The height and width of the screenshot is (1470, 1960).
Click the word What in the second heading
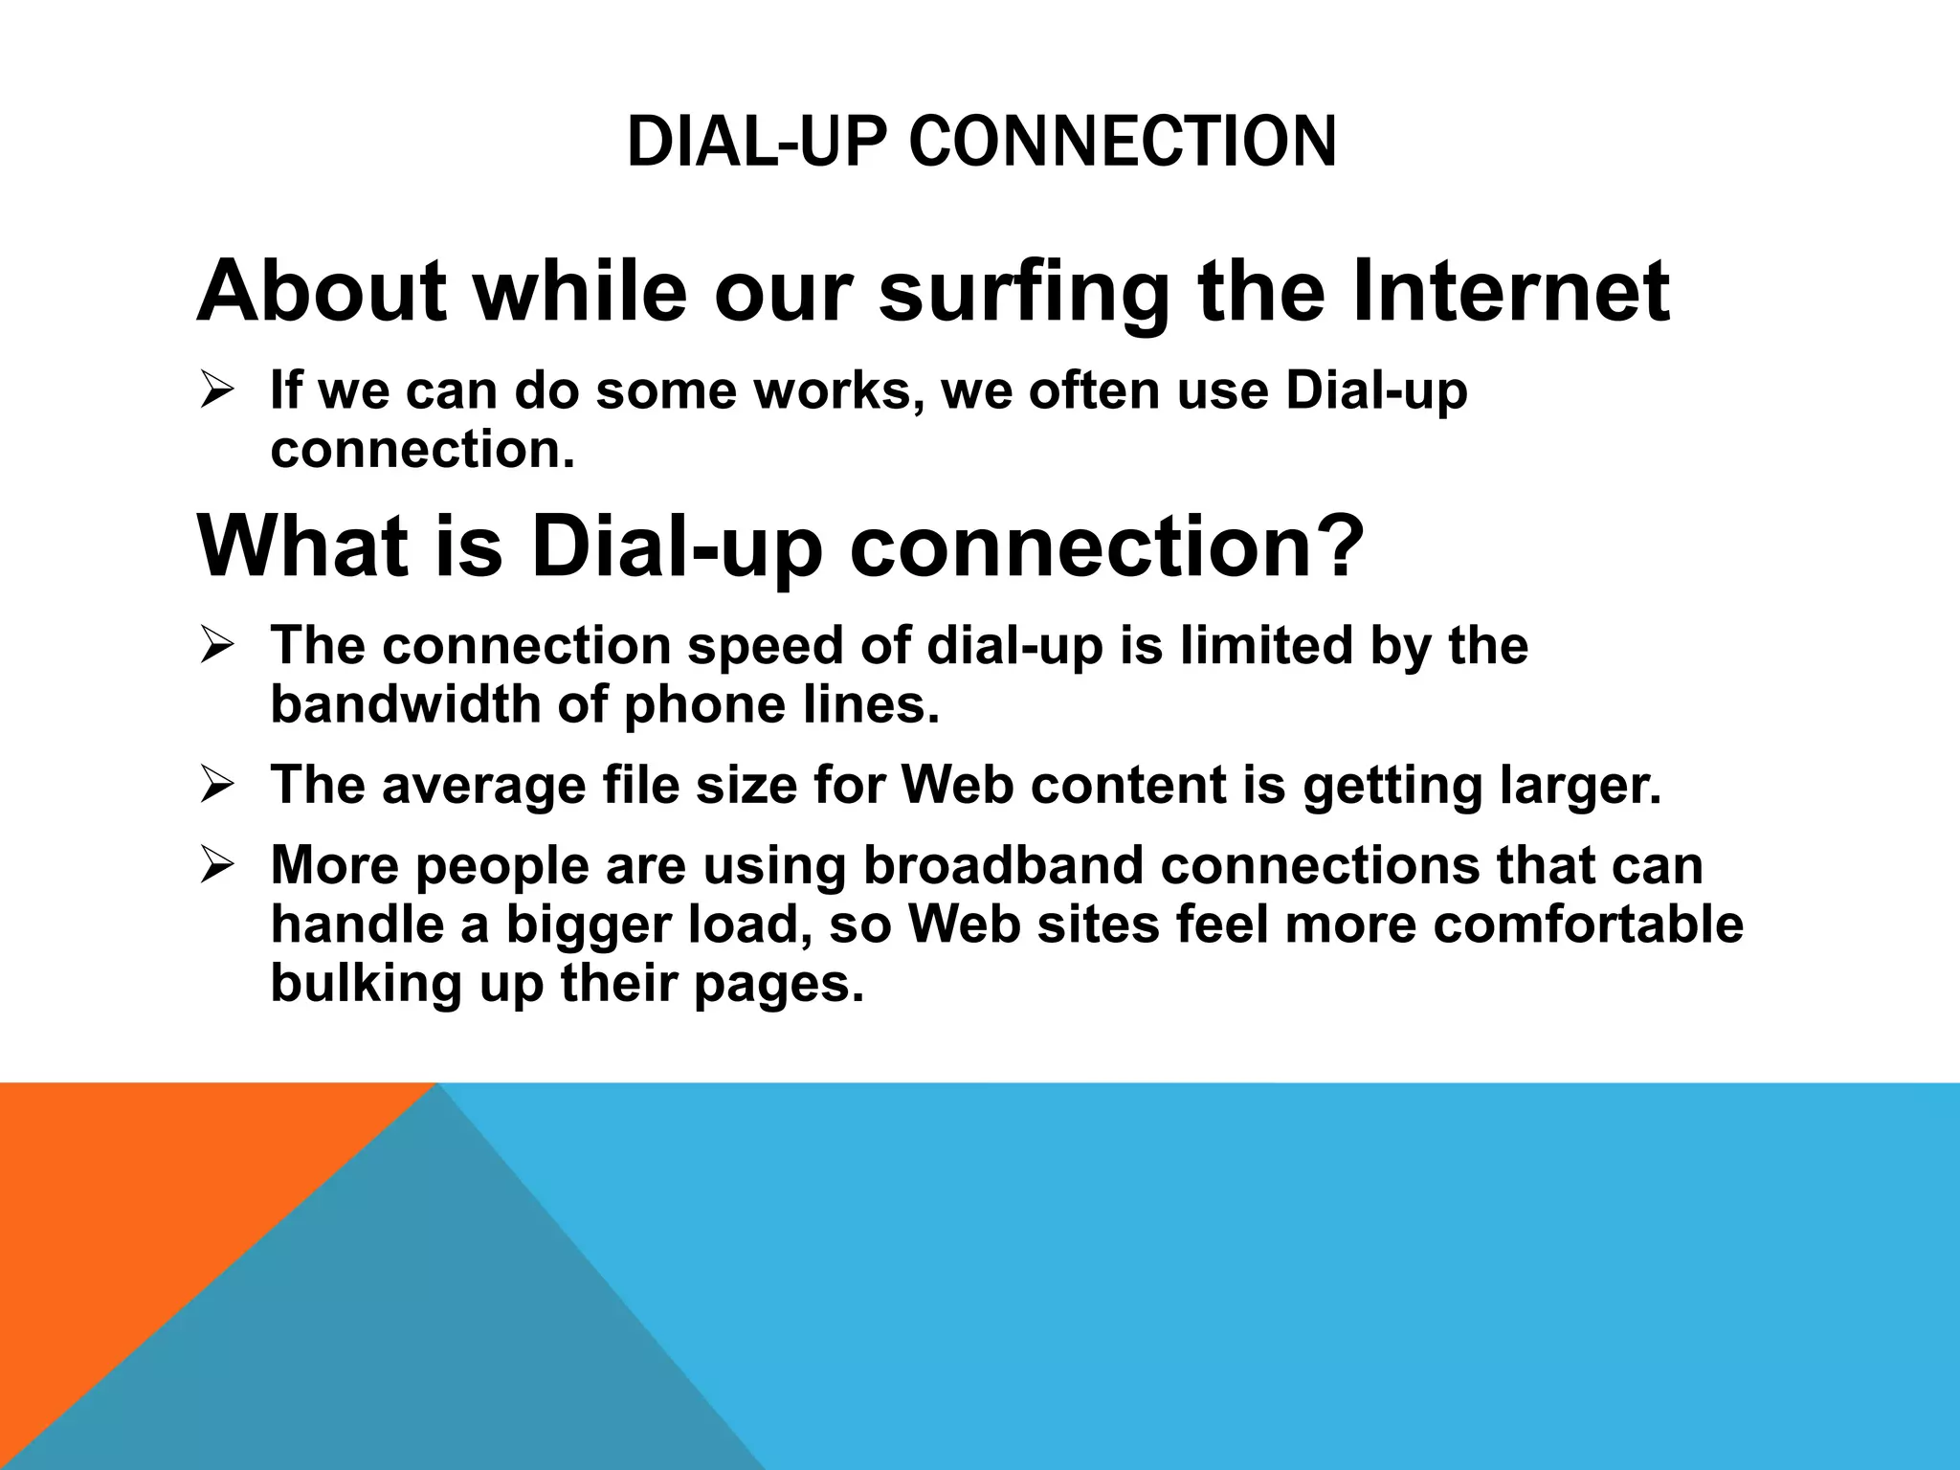click(x=302, y=546)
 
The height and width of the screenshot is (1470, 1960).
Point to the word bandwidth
click(x=404, y=706)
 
